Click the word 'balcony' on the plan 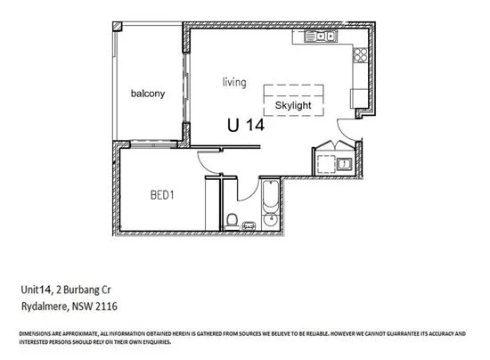[x=147, y=94]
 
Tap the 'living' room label [x=234, y=82]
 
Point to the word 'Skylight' [x=295, y=102]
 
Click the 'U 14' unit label [x=245, y=126]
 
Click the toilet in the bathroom [x=231, y=219]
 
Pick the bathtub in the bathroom [x=270, y=201]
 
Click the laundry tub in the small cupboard [x=343, y=163]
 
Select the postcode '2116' [x=107, y=306]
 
